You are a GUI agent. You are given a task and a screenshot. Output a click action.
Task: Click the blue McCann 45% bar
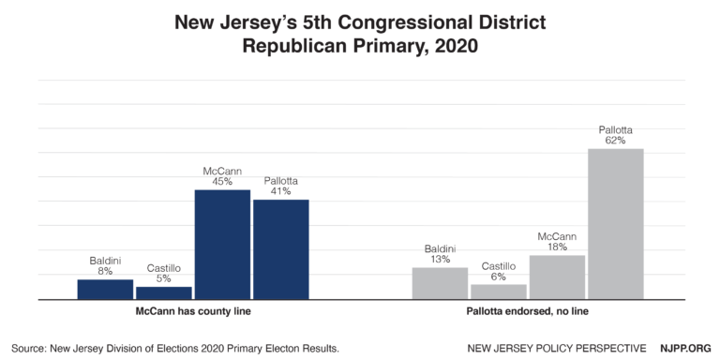pyautogui.click(x=222, y=245)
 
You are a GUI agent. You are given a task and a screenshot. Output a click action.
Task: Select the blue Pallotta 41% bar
pyautogui.click(x=280, y=249)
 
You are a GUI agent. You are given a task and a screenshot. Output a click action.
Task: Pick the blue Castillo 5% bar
pyautogui.click(x=163, y=292)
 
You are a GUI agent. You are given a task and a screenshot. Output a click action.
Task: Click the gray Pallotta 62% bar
pyautogui.click(x=615, y=224)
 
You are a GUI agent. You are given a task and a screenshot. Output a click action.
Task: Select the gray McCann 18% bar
pyautogui.click(x=557, y=277)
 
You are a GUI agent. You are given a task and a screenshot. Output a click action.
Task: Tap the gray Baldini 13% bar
pyautogui.click(x=440, y=283)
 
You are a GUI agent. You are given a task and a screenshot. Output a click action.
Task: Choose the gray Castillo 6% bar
pyautogui.click(x=498, y=292)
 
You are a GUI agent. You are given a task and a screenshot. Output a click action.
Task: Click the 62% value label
pyautogui.click(x=615, y=140)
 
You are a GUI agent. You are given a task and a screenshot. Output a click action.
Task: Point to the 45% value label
pyautogui.click(x=222, y=181)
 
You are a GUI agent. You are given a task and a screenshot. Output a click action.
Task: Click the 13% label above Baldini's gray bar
pyautogui.click(x=440, y=259)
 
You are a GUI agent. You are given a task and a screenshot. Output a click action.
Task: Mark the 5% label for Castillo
pyautogui.click(x=163, y=277)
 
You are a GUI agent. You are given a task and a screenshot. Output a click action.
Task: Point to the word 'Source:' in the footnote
pyautogui.click(x=32, y=348)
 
